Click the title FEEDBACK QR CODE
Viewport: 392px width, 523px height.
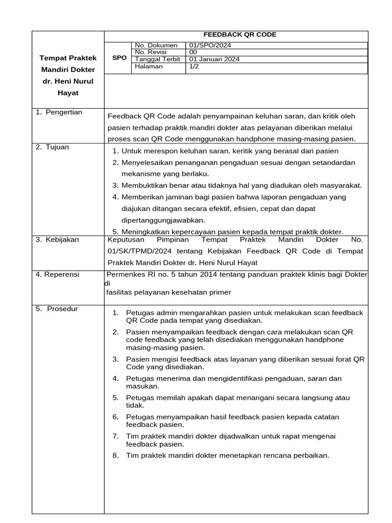pyautogui.click(x=240, y=35)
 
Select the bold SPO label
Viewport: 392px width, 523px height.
pyautogui.click(x=119, y=58)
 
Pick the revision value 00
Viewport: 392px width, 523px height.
pyautogui.click(x=193, y=52)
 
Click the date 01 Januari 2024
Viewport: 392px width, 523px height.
pyautogui.click(x=214, y=59)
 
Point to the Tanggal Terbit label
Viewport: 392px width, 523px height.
pyautogui.click(x=157, y=59)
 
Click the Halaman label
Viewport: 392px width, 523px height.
pyautogui.click(x=149, y=66)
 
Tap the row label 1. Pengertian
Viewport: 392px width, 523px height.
pyautogui.click(x=59, y=112)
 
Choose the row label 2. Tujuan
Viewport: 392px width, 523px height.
pyautogui.click(x=52, y=147)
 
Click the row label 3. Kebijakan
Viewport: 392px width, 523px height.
pyautogui.click(x=57, y=240)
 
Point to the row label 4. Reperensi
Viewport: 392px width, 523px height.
pyautogui.click(x=57, y=274)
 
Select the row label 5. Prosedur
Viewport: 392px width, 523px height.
pyautogui.click(x=57, y=308)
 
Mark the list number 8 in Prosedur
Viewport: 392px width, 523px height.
pyautogui.click(x=115, y=455)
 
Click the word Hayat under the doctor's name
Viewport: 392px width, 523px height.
pyautogui.click(x=68, y=93)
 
